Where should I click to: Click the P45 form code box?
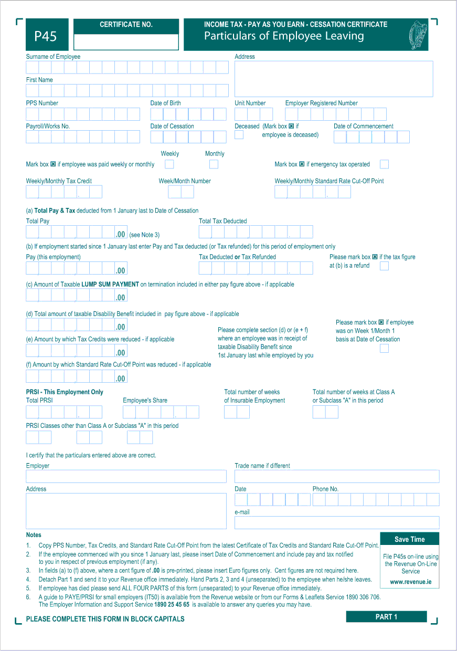coord(46,36)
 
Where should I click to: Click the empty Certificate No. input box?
coord(126,41)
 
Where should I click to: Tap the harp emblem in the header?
coord(418,35)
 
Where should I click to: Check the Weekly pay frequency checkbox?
coord(169,164)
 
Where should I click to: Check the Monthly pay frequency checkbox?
coord(214,164)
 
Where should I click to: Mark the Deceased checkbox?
coord(239,134)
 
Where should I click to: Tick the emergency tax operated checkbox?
coord(384,164)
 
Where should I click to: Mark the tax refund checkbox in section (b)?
coord(384,266)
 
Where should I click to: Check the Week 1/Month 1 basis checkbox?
coord(384,348)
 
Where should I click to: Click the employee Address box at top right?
coord(334,79)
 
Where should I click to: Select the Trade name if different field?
coord(336,476)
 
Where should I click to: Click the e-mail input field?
coord(336,522)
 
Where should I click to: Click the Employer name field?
coord(126,476)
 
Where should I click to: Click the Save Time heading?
coord(410,539)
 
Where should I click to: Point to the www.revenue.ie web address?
coord(410,582)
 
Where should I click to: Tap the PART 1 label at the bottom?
coord(386,617)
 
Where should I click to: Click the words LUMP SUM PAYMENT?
coord(110,285)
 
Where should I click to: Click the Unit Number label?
coord(250,103)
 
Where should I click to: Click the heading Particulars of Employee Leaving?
coord(284,36)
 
